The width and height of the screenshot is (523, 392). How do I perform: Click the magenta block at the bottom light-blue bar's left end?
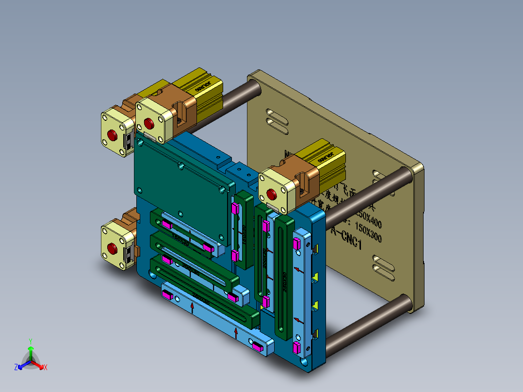click(167, 294)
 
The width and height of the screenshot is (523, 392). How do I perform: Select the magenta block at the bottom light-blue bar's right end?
click(258, 346)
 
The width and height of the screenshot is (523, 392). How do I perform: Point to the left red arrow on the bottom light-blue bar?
click(193, 307)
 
